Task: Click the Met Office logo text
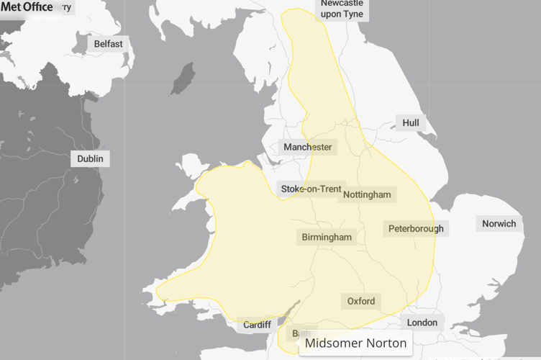coord(27,7)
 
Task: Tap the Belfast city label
coord(108,44)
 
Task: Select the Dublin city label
coord(90,158)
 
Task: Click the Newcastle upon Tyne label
coord(342,9)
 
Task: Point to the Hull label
coord(410,123)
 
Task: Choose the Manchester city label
coord(307,147)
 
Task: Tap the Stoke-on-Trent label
coord(311,189)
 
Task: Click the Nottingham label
coord(367,194)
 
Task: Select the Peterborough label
coord(416,229)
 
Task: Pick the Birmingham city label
coord(327,237)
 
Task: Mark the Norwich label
coord(499,223)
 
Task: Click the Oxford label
coord(360,301)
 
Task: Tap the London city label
coord(422,323)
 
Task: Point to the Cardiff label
coord(257,325)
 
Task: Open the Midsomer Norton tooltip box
coord(355,343)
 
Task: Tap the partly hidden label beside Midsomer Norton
coord(295,334)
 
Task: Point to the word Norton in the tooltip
coord(385,343)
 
